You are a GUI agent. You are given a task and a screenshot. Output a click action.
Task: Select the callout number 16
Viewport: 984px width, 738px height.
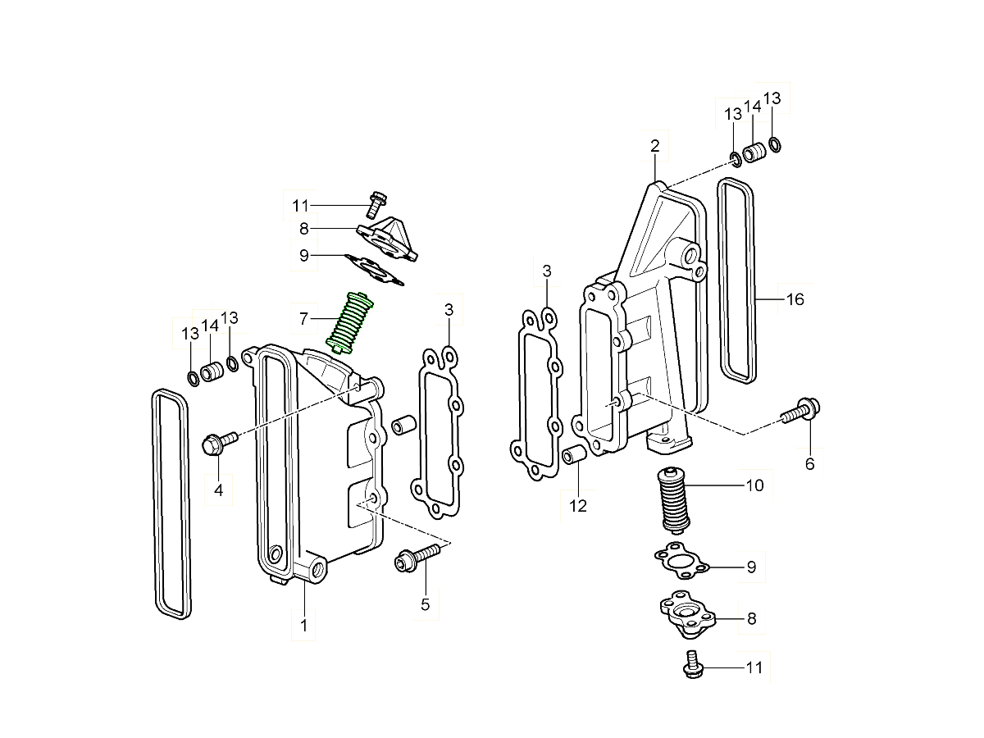(795, 299)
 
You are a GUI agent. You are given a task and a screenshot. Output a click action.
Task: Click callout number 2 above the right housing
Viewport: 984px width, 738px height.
(654, 147)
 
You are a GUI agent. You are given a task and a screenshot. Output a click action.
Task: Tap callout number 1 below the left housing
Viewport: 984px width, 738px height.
(303, 626)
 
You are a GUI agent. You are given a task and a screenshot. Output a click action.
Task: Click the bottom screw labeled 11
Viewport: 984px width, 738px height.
(691, 665)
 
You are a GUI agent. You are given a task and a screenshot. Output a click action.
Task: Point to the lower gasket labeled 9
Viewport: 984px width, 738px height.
(680, 563)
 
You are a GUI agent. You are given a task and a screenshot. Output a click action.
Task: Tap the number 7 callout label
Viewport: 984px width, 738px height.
(303, 317)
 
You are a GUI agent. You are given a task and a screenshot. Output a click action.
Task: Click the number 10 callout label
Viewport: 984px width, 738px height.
(754, 485)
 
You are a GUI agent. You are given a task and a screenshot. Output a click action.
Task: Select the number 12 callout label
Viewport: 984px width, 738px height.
(578, 506)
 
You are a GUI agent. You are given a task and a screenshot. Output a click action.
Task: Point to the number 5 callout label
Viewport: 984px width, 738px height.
(425, 604)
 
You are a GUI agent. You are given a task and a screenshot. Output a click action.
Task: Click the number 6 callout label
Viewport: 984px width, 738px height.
(809, 464)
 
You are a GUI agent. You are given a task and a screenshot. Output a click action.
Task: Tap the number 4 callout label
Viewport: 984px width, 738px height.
(218, 490)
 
